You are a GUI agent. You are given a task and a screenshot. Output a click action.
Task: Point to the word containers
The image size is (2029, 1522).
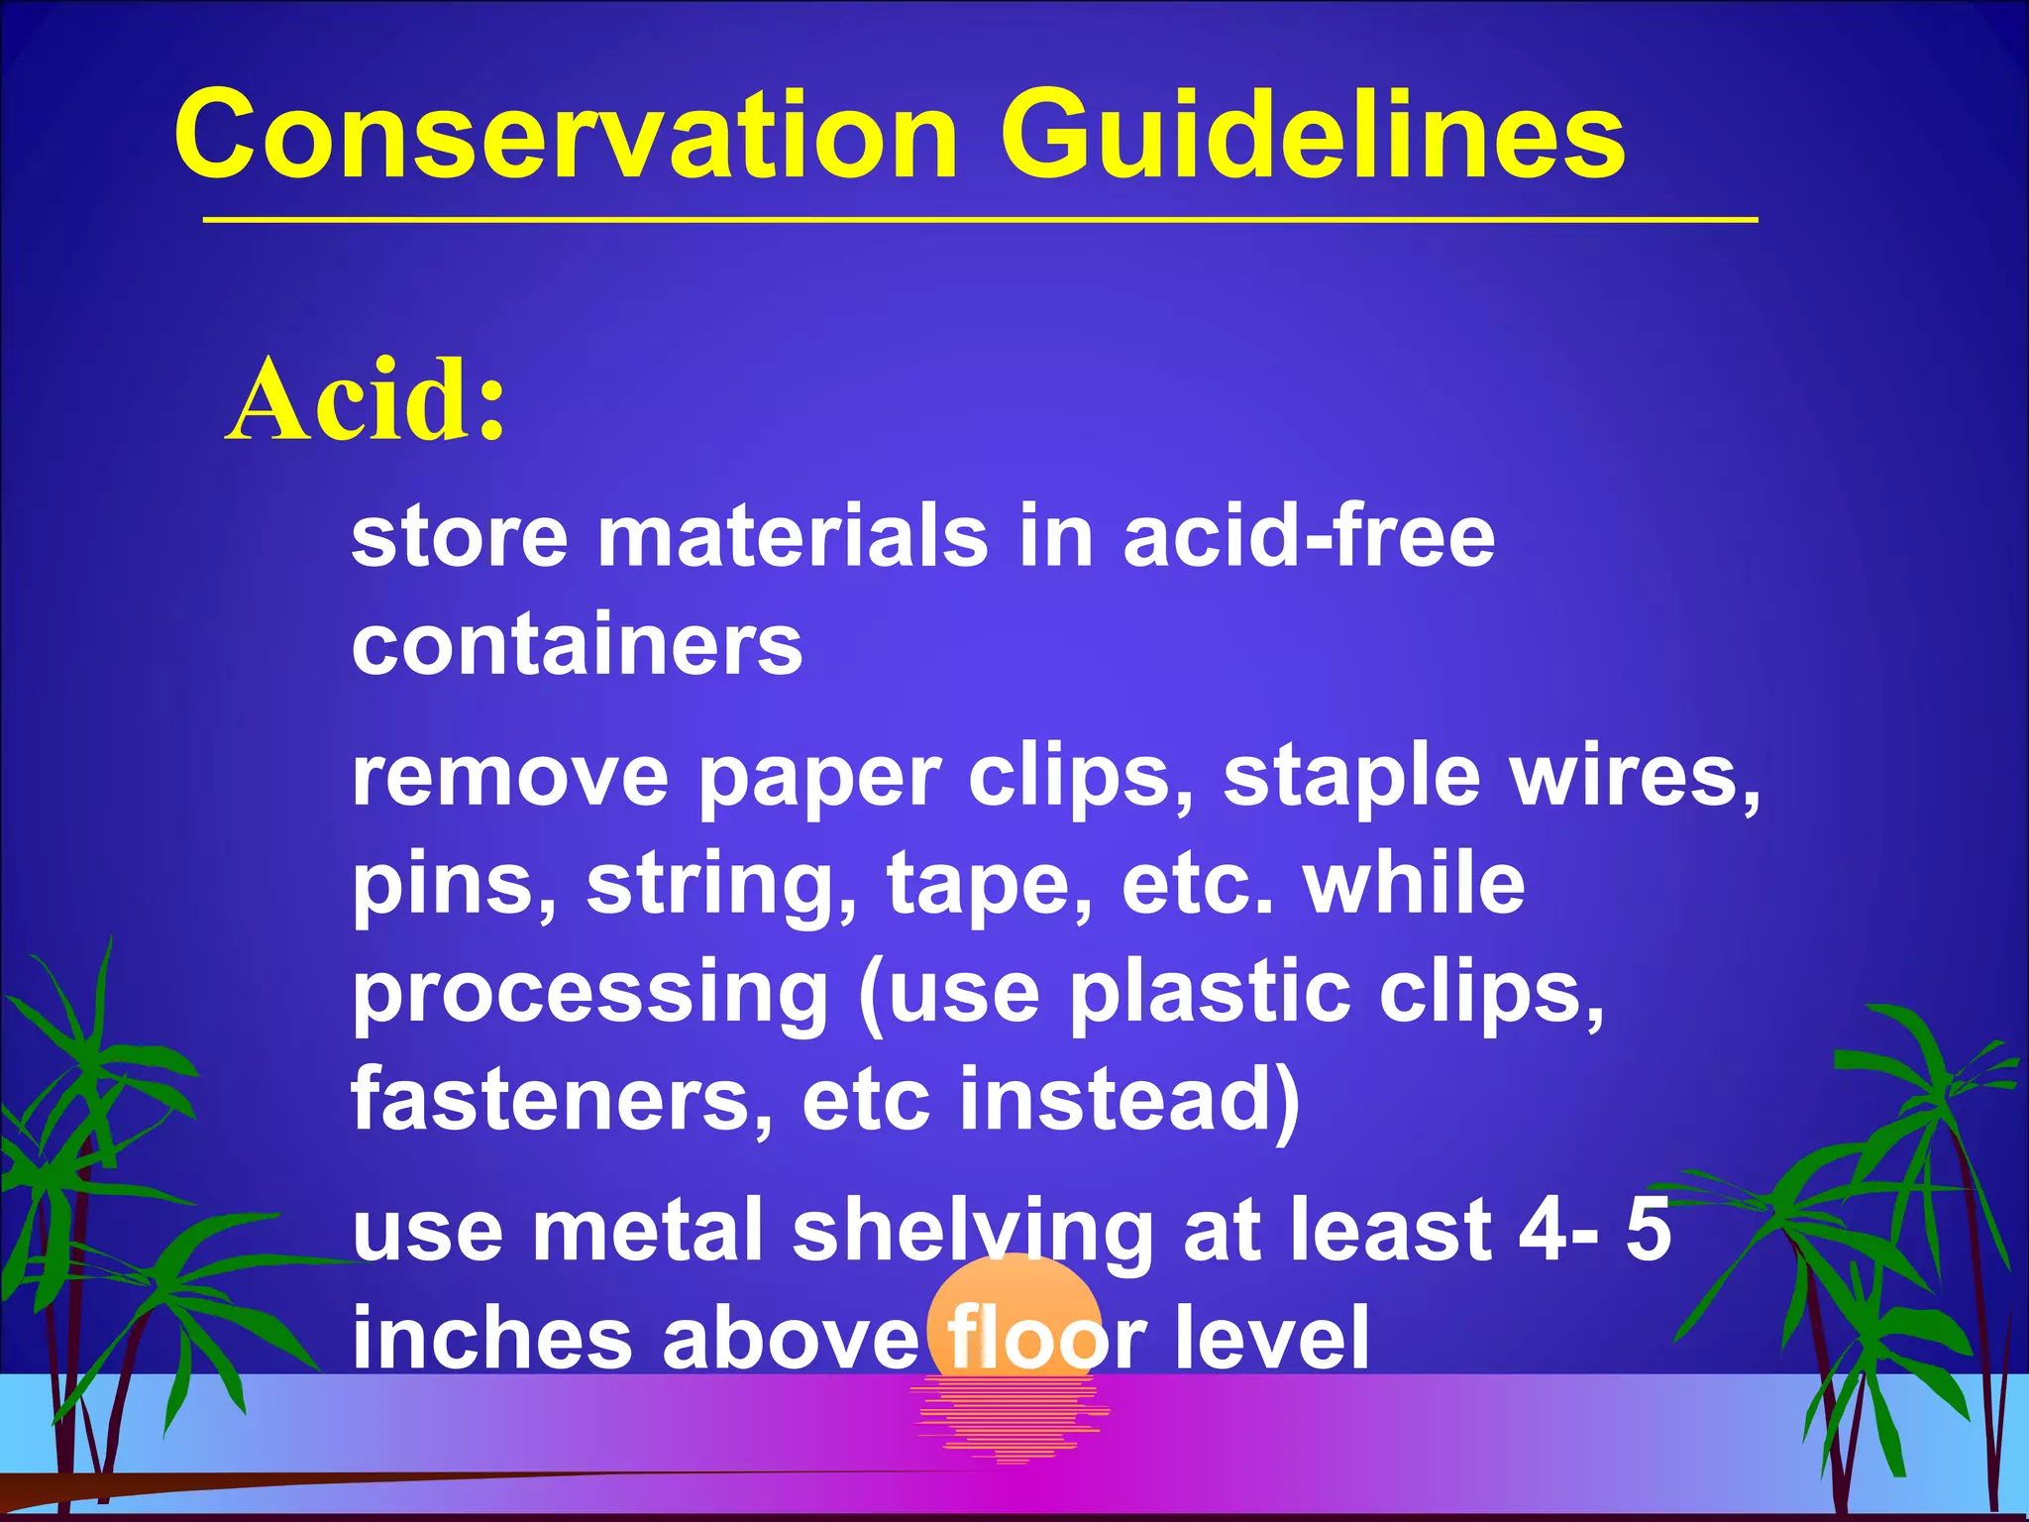(x=577, y=645)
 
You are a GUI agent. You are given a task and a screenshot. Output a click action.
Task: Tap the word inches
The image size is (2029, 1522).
(x=492, y=1338)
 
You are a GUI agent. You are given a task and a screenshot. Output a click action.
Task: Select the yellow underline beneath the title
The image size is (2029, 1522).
(x=980, y=219)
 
